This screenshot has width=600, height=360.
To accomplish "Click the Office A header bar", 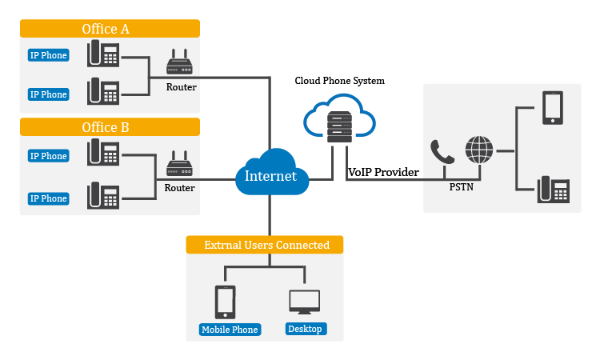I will [x=110, y=29].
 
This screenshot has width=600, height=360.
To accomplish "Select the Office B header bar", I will [x=110, y=127].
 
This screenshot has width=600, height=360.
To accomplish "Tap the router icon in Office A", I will [x=180, y=64].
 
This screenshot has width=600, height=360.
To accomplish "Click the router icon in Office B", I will [x=180, y=165].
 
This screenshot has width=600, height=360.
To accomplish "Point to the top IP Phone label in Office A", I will [x=48, y=55].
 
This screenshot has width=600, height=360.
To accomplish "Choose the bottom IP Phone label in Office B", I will [x=48, y=198].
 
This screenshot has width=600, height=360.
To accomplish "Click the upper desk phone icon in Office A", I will [x=103, y=54].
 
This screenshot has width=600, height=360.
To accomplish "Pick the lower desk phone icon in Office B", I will [x=103, y=195].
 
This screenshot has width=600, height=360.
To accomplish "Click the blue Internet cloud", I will [x=270, y=174].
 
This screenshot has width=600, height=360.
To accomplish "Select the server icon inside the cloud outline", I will [x=338, y=126].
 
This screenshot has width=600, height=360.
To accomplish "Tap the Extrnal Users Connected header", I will [x=265, y=245].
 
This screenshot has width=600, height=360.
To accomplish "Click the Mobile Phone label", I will [x=230, y=329].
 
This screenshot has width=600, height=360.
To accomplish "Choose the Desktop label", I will [x=305, y=329].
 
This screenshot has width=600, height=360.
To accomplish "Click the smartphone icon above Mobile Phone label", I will [x=226, y=302].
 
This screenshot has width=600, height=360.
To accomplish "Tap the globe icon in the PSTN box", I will [x=479, y=150].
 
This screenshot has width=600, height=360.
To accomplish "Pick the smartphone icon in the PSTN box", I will [x=553, y=107].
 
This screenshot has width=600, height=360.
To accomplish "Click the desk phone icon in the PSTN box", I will [x=553, y=190].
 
